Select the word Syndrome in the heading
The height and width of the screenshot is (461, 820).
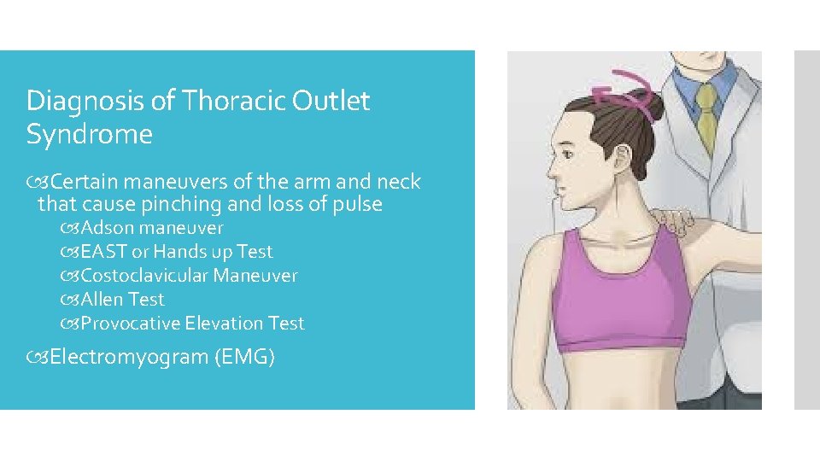point(89,135)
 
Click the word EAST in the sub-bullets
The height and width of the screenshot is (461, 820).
point(102,252)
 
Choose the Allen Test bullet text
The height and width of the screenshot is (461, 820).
point(122,300)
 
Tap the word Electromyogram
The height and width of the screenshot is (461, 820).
point(128,357)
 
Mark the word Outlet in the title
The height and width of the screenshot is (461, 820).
point(331,101)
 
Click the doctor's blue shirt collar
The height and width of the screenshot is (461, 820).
point(703,79)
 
